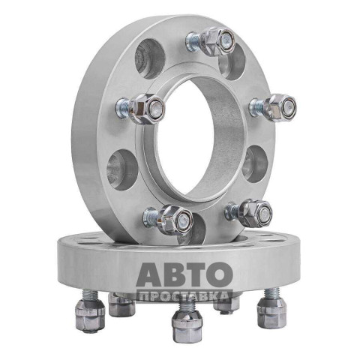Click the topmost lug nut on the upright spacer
point(218,41)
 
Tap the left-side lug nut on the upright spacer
point(147,109)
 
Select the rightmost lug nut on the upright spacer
point(280,108)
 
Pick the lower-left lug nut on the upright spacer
point(175,220)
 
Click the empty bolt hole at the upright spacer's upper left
point(150,59)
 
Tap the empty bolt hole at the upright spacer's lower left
point(122,170)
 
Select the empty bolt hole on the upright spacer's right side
point(255,163)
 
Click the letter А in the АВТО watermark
point(149,274)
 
